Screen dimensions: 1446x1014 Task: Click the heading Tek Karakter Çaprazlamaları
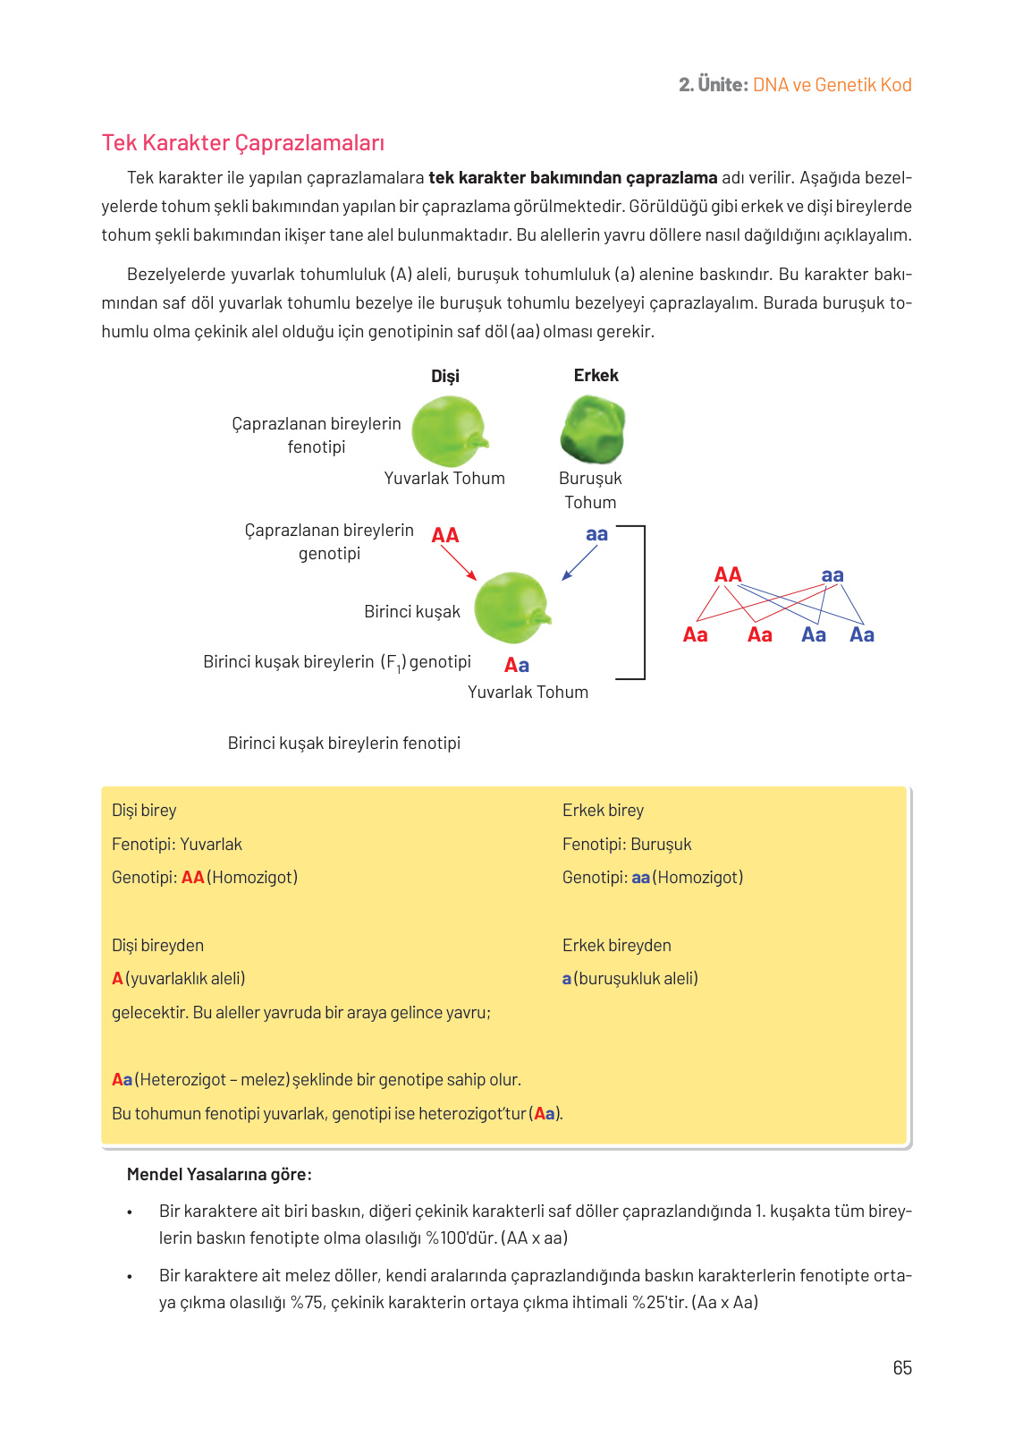[x=242, y=143]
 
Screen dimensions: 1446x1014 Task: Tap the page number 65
[x=901, y=1367]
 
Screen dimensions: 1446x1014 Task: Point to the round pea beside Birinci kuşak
[x=511, y=608]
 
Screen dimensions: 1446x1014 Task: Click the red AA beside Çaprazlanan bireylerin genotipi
[x=444, y=535]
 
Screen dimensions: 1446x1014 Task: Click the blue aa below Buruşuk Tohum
[x=596, y=534]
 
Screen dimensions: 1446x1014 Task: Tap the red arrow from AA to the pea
[x=459, y=563]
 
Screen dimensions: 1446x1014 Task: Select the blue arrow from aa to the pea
[x=579, y=563]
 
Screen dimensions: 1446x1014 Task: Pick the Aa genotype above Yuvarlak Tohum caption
[x=516, y=665]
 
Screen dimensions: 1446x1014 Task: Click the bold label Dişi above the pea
[x=444, y=376]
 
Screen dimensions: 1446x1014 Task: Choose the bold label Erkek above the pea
[x=596, y=375]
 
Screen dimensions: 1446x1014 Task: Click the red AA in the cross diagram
[x=728, y=574]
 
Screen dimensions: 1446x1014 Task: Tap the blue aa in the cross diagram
[x=832, y=574]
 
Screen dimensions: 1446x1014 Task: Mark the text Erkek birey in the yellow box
[x=603, y=810]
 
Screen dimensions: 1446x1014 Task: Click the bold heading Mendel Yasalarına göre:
[x=219, y=1174]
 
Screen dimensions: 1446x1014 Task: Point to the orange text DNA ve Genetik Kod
[x=832, y=85]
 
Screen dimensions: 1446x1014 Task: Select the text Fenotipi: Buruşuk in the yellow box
[x=626, y=844]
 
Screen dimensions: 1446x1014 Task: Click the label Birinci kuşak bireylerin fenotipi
[x=343, y=743]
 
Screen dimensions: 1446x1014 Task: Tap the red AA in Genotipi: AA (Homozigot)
[x=192, y=877]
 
